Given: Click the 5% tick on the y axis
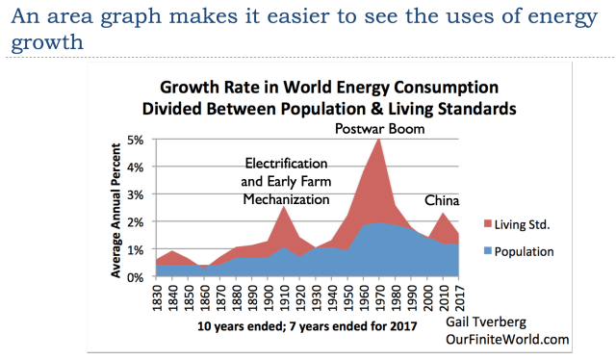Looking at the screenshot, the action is tap(135, 140).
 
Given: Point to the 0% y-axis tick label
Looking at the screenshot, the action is tap(135, 277).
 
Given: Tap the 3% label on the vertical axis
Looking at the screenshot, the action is tap(135, 195).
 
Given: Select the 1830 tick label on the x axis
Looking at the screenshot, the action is tap(157, 297).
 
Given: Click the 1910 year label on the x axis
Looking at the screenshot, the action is tap(284, 297).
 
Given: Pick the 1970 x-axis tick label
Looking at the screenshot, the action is tap(379, 297).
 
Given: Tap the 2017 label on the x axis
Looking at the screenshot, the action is tap(459, 297).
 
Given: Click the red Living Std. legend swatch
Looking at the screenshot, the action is tap(488, 224).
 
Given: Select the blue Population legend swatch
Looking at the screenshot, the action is tap(488, 251).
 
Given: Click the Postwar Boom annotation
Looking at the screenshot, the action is tap(380, 129).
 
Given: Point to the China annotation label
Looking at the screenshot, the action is tap(442, 201).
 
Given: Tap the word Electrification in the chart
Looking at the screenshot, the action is tap(287, 164).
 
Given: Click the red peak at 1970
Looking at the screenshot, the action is tap(379, 140).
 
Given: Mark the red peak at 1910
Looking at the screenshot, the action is tap(284, 207).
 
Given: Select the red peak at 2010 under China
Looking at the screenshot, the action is tap(443, 213).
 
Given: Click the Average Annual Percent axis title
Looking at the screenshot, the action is tap(115, 210).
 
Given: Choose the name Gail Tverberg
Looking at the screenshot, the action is tap(486, 322).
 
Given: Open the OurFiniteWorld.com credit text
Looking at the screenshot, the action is tap(507, 339).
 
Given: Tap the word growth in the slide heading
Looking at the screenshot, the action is tap(47, 42).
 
